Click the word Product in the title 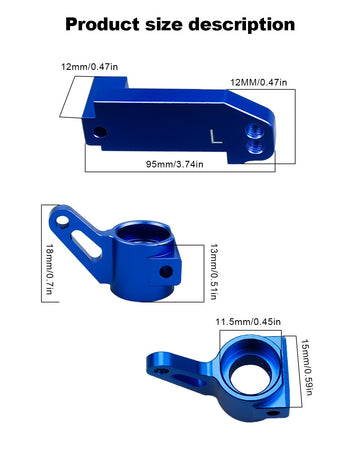[102, 25]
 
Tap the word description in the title [242, 25]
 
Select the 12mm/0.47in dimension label [89, 67]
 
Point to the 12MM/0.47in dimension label [259, 82]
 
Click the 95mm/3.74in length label [175, 164]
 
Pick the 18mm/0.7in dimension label [49, 269]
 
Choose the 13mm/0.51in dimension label [214, 272]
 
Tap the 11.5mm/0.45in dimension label [248, 322]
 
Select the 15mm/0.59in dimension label [307, 367]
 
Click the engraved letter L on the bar [216, 137]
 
